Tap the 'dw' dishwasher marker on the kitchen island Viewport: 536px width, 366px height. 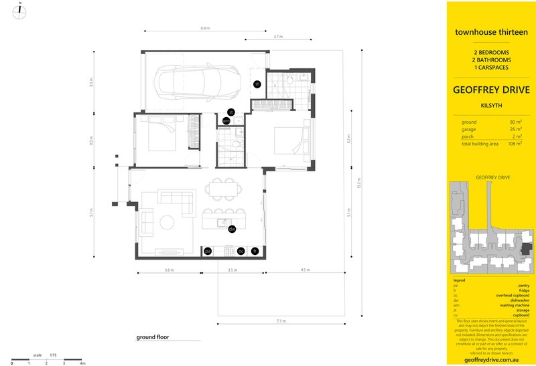click(232, 230)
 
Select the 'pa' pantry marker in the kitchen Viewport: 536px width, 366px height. click(208, 251)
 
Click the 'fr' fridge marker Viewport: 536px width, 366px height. click(255, 251)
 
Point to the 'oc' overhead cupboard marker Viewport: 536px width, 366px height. click(241, 251)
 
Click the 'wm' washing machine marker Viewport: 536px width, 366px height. click(226, 121)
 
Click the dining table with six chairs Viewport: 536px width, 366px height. click(224, 189)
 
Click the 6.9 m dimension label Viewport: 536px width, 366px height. click(205, 29)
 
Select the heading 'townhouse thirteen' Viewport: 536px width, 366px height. click(491, 31)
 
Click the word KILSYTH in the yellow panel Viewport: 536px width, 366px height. click(491, 105)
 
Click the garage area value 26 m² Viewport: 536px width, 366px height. click(517, 129)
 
